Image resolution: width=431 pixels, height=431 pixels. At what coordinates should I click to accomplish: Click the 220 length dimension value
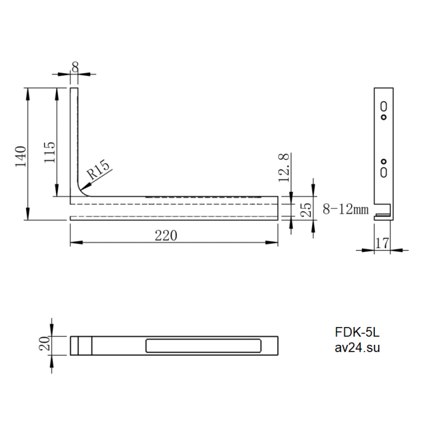pyautogui.click(x=166, y=236)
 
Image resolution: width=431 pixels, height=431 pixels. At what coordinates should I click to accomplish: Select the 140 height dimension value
pyautogui.click(x=20, y=156)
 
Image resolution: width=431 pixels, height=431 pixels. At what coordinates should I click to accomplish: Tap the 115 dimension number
pyautogui.click(x=50, y=152)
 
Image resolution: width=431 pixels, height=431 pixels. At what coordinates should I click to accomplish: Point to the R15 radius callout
pyautogui.click(x=98, y=169)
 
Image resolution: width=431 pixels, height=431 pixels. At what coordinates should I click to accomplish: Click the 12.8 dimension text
pyautogui.click(x=284, y=167)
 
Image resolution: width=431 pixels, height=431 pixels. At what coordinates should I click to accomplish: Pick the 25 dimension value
pyautogui.click(x=306, y=210)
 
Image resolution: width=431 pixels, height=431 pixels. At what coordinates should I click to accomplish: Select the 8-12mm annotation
pyautogui.click(x=345, y=209)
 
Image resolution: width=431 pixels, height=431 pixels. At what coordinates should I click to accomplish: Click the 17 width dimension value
pyautogui.click(x=382, y=243)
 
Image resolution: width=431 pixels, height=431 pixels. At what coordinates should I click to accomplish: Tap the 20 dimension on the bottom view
pyautogui.click(x=45, y=344)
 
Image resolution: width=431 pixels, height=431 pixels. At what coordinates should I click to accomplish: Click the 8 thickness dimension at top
pyautogui.click(x=75, y=66)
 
